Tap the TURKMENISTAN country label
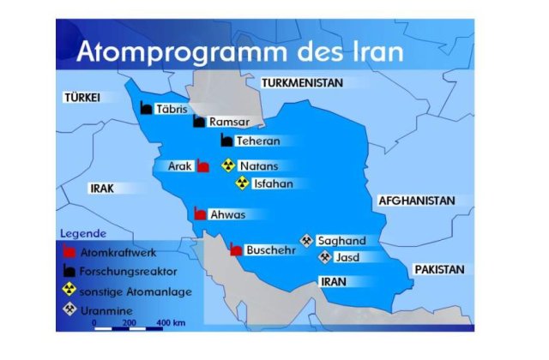click(x=302, y=83)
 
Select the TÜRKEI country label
click(x=82, y=99)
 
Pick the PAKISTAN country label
click(x=439, y=269)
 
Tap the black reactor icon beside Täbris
click(x=146, y=108)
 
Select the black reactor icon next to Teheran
click(x=226, y=140)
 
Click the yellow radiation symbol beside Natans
click(x=228, y=165)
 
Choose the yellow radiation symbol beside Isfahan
click(x=243, y=183)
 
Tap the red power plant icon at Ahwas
click(x=199, y=215)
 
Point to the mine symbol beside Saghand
click(x=306, y=240)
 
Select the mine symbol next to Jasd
click(x=325, y=256)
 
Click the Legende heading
click(x=83, y=233)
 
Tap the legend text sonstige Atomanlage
click(x=136, y=291)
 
